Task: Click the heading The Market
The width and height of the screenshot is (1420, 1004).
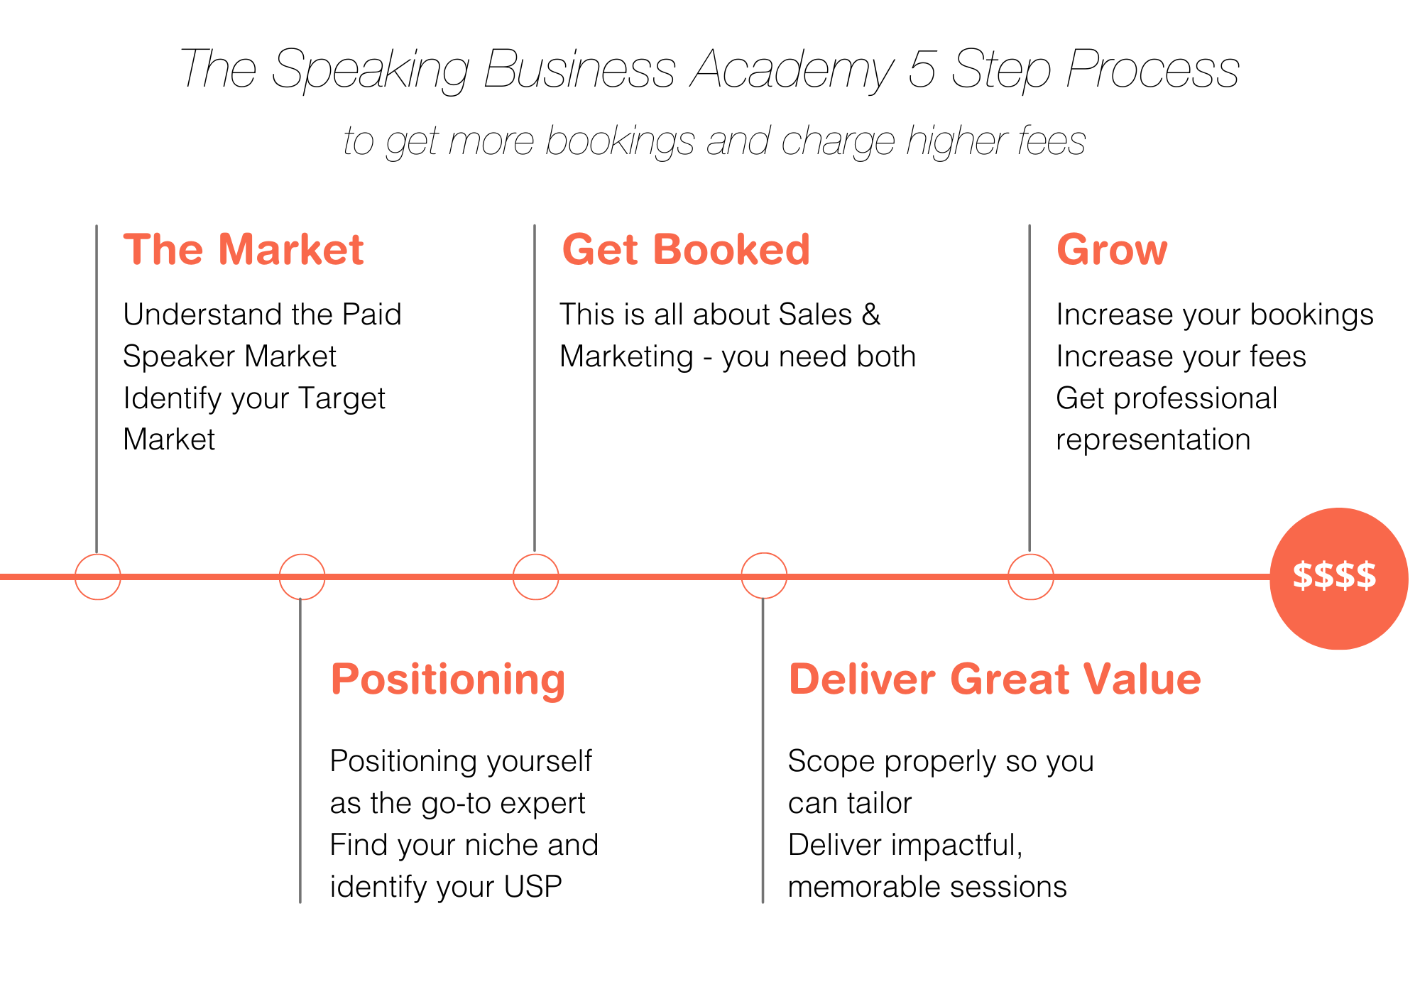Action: click(x=243, y=250)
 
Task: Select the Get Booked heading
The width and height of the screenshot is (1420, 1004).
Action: click(x=685, y=250)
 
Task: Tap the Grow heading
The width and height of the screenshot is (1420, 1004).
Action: click(x=1111, y=250)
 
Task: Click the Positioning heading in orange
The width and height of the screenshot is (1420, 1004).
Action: click(x=447, y=680)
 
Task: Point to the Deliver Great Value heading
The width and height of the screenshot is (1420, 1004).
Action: click(x=994, y=680)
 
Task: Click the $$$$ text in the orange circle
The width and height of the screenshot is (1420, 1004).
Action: click(x=1334, y=576)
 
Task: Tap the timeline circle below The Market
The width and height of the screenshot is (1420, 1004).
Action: click(x=97, y=577)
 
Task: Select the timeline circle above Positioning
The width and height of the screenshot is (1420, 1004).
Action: click(x=302, y=577)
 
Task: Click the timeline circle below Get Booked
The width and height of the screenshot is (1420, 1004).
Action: click(x=535, y=577)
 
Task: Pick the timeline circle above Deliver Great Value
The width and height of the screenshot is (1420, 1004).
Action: click(x=764, y=576)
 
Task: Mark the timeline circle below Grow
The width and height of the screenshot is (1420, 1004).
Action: click(x=1030, y=577)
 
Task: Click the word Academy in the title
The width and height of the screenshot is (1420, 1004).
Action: click(x=791, y=70)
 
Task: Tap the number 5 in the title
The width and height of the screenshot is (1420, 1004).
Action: click(x=922, y=70)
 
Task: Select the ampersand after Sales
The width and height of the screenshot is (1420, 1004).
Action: click(x=870, y=315)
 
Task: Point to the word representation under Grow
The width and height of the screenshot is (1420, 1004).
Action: click(x=1152, y=440)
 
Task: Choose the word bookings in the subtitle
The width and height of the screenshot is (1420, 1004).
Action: click(x=619, y=141)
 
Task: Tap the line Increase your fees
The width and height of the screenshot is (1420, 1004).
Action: click(x=1180, y=356)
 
